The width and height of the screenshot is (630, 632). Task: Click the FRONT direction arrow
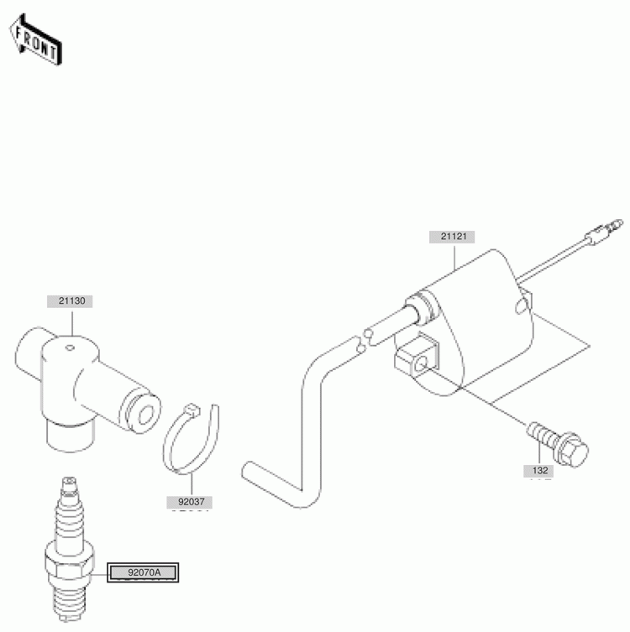coord(36,40)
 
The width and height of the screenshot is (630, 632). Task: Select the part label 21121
coord(452,237)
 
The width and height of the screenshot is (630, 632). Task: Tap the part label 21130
coord(70,301)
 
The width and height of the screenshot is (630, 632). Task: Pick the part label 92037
coord(190,502)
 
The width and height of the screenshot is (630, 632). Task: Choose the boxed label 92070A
coord(143,572)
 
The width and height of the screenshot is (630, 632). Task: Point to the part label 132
coord(538,470)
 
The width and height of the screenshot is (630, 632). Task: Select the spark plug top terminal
coord(70,486)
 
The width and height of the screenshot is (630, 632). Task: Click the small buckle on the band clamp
coord(192,410)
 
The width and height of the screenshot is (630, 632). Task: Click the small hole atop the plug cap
coord(71,347)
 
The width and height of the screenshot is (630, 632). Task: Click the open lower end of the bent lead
coord(247,469)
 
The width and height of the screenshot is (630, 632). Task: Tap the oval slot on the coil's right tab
coord(520,306)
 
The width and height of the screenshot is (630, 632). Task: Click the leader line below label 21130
coord(72,321)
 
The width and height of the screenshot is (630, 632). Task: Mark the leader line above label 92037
coord(192,485)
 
